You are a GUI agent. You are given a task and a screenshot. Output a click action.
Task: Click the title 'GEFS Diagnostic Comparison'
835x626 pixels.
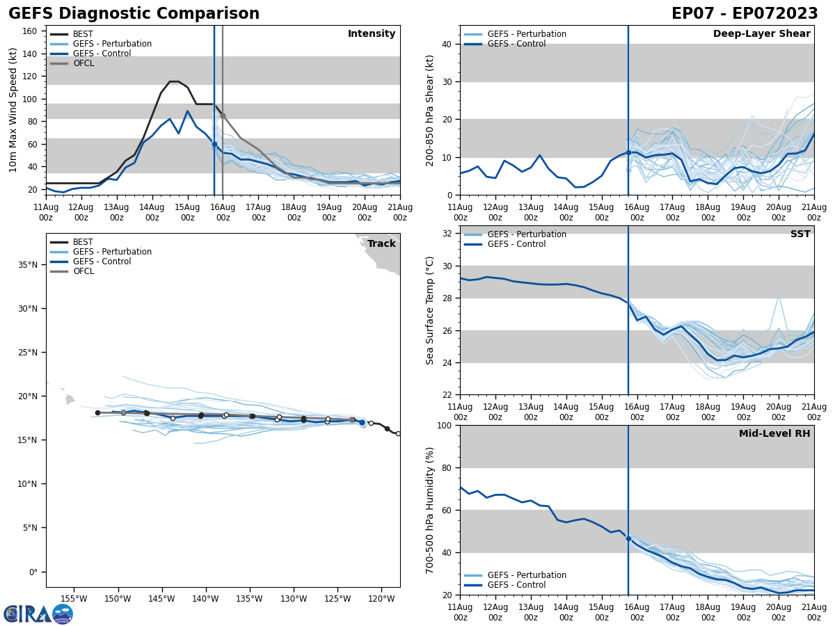134,14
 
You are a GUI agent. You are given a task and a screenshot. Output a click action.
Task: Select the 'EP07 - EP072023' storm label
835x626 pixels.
745,14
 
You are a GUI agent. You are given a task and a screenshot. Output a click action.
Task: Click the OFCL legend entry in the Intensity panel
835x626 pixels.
83,63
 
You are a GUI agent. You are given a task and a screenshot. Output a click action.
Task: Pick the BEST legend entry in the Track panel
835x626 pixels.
83,242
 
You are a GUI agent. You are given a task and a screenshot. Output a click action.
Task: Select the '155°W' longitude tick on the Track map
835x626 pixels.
74,599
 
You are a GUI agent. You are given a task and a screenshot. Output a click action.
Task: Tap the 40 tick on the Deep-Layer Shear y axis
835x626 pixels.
447,45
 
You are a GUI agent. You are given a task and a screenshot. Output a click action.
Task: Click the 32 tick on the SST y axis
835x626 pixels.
447,234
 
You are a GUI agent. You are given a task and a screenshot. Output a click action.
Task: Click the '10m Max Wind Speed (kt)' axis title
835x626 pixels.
13,110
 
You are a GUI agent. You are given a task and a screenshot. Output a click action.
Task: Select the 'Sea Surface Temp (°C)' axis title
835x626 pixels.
430,310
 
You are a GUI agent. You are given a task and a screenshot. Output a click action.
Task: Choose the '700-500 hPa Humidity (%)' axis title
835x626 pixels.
430,510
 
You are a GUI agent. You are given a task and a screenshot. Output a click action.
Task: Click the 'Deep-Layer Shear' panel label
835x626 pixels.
761,34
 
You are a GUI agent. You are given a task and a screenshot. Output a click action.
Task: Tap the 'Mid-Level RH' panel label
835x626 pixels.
774,434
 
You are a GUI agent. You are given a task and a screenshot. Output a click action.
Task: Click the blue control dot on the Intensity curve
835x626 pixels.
214,144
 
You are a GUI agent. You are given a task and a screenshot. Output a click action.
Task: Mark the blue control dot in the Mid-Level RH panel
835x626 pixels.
628,538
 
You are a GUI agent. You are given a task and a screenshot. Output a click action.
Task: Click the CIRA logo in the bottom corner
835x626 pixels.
38,614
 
